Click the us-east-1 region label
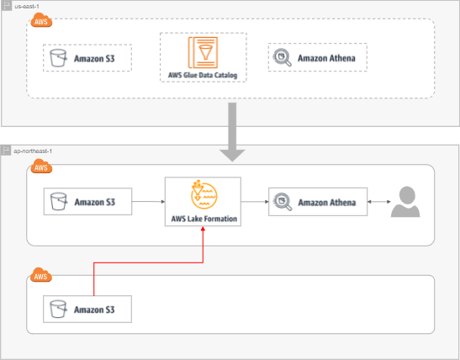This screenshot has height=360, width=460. [x=27, y=7]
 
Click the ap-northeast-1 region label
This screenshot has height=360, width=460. [x=33, y=151]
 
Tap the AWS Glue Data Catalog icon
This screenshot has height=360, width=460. [x=203, y=52]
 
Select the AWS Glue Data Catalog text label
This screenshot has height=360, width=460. [x=203, y=75]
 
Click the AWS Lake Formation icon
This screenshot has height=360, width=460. [x=204, y=194]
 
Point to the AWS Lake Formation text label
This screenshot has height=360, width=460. [x=204, y=219]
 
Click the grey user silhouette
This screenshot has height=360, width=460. [x=405, y=202]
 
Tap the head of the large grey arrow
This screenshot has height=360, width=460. [x=232, y=156]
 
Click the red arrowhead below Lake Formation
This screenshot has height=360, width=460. [x=203, y=229]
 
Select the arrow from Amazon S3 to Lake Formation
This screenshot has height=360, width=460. [x=149, y=202]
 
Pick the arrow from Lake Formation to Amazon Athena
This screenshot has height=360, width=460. [x=255, y=202]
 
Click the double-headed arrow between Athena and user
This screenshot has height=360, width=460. [x=379, y=202]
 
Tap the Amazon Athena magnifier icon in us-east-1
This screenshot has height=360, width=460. [x=283, y=57]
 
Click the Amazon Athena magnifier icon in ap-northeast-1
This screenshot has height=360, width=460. [x=283, y=202]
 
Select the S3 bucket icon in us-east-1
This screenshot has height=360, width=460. [x=58, y=58]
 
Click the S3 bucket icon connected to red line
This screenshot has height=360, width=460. [x=58, y=309]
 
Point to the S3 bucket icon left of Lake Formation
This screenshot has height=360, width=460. [x=59, y=201]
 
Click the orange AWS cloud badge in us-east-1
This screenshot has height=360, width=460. [x=41, y=20]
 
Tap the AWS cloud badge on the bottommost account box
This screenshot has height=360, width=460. [x=41, y=275]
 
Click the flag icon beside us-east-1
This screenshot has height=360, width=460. [x=7, y=6]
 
